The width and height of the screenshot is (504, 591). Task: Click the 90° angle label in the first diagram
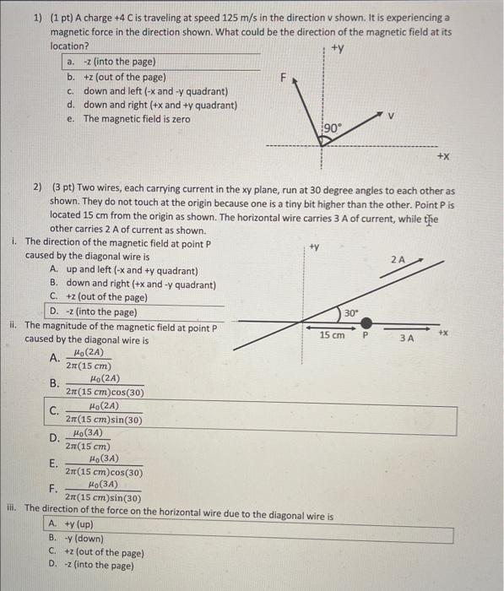coord(333,128)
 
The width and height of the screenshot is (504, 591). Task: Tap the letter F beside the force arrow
coord(284,78)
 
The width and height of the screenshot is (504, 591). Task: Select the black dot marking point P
coord(366,322)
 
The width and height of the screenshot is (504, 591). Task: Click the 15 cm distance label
coord(332,335)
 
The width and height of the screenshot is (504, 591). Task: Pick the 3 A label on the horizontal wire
coord(407,338)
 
